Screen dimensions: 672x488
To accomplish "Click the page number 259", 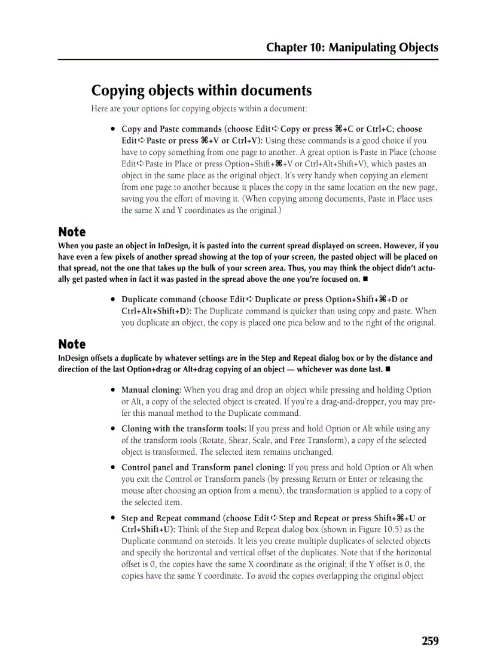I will pos(429,641).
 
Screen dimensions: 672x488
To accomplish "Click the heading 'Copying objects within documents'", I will pos(202,91).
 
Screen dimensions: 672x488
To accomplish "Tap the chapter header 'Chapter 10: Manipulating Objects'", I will pos(352,48).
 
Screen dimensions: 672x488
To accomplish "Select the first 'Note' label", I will pos(72,232).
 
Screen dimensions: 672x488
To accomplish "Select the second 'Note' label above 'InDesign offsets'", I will pos(72,345).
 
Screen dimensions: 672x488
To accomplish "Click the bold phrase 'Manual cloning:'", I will pos(151,390).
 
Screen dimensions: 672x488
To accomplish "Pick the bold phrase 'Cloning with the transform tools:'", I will pos(184,429).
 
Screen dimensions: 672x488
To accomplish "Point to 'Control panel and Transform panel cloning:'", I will pos(203,468).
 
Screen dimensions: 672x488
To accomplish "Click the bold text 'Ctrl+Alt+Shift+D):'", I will pos(156,311).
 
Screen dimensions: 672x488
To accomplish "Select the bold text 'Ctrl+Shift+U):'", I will pos(148,530).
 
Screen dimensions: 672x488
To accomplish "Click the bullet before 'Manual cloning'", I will pos(112,390).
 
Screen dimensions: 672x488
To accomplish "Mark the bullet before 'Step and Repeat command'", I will pos(112,518).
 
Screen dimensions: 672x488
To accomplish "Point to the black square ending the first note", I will pos(365,279).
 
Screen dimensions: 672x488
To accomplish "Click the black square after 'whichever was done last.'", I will pos(388,369).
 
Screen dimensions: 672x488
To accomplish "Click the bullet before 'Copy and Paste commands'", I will pos(112,129).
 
